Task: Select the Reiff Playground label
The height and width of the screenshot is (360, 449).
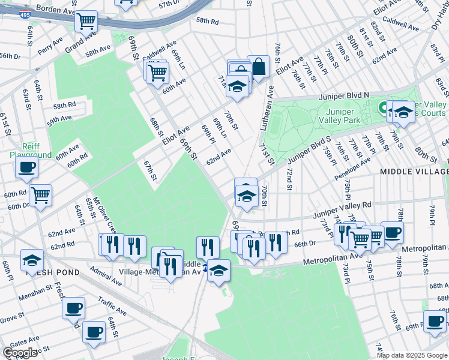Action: click(30, 151)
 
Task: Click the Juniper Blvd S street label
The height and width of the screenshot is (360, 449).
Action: click(309, 150)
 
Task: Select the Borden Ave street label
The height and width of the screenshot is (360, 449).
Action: click(55, 10)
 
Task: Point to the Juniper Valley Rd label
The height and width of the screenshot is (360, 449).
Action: click(342, 208)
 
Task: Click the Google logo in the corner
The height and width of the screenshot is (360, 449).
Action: click(20, 352)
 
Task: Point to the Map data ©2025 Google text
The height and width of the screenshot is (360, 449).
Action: click(412, 355)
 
